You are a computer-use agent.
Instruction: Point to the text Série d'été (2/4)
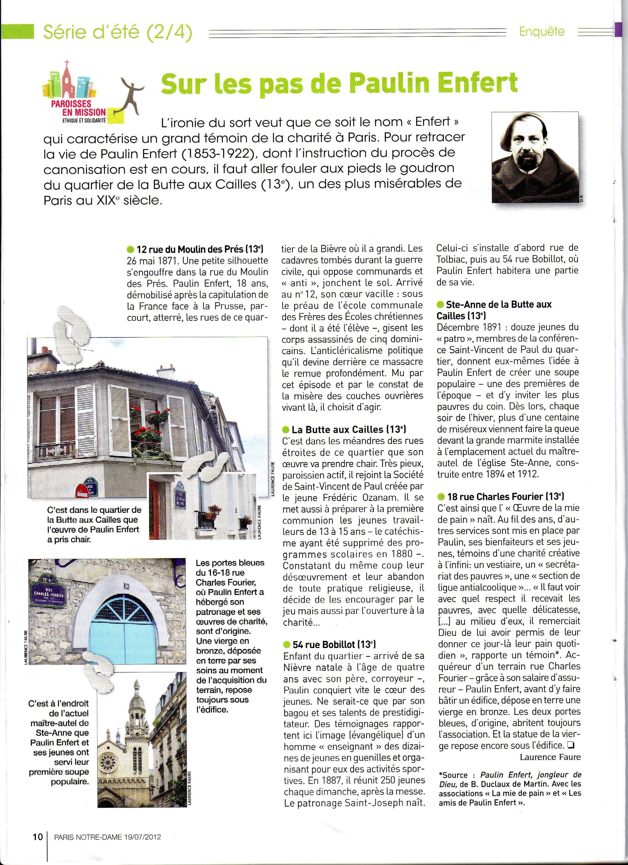(x=117, y=32)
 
